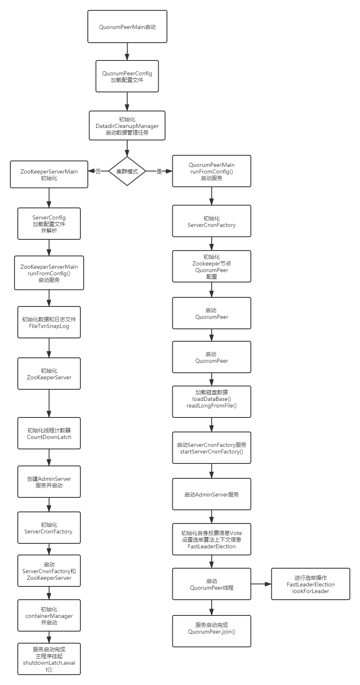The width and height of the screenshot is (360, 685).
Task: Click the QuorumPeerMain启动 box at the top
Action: pos(127,27)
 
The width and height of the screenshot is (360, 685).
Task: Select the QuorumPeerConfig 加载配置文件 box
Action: pos(127,76)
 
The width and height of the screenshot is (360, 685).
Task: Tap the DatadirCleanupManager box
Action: pos(127,125)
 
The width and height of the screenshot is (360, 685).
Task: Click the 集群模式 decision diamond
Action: pos(127,171)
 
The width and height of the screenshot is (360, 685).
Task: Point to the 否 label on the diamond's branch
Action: pos(98,171)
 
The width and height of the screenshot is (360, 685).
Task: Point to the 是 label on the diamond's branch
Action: pos(159,171)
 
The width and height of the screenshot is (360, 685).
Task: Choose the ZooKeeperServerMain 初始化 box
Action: pos(49,174)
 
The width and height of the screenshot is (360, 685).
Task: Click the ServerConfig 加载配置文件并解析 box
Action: pos(49,224)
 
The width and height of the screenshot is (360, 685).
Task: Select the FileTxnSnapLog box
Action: pos(49,322)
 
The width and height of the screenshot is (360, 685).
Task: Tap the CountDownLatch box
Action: pos(49,433)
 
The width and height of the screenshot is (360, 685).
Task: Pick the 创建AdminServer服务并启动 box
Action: pos(49,482)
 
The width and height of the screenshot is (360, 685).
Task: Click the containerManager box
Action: pos(49,615)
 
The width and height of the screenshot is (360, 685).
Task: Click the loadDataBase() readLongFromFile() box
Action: pos(212,402)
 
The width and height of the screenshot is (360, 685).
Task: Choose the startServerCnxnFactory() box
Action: pos(212,448)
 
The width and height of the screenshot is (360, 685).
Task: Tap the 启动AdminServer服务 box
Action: pos(212,494)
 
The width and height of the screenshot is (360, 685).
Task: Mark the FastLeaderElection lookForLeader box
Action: pos(311,584)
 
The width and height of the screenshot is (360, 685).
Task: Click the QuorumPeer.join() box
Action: pos(212,631)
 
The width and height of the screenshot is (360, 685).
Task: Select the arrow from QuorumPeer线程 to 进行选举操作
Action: pos(261,584)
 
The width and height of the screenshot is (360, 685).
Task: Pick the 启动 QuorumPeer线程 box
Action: pos(212,584)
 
